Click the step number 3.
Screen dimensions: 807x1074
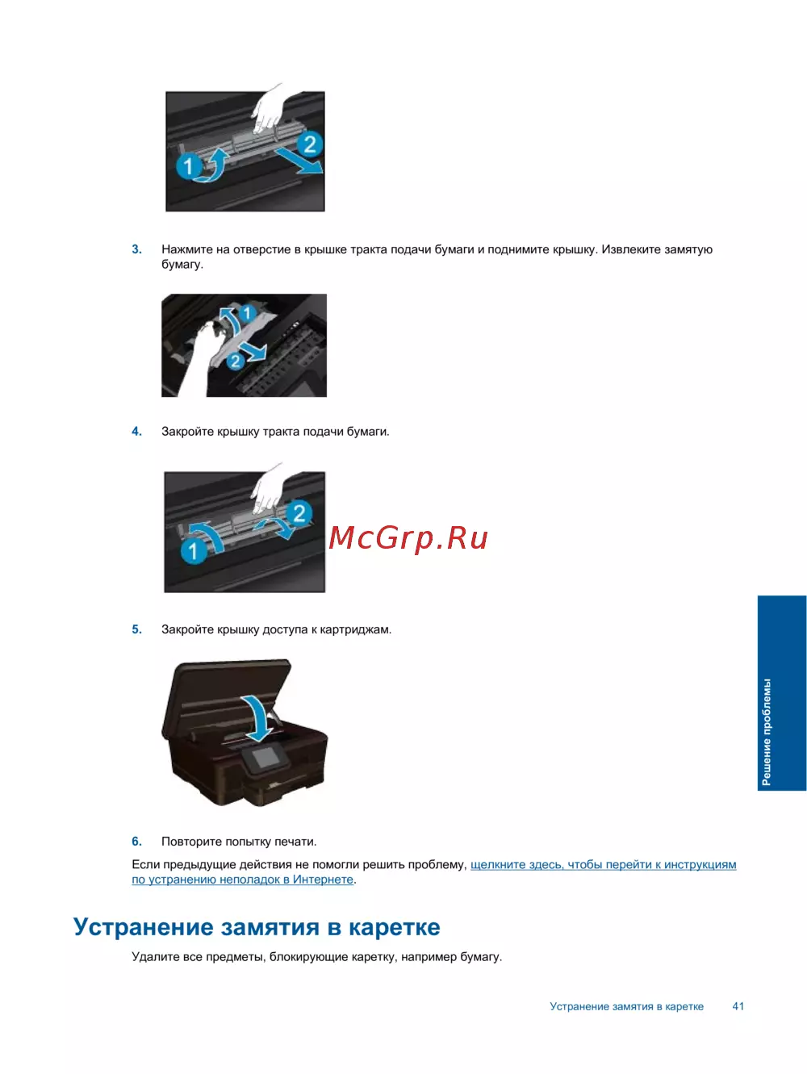coord(136,249)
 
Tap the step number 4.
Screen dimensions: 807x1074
coord(136,432)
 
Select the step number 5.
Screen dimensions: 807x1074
coord(136,629)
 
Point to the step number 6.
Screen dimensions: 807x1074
coord(136,842)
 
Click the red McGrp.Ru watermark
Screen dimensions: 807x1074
coord(408,539)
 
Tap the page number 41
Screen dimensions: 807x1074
coord(738,1006)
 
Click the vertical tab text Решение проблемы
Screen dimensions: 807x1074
coord(767,732)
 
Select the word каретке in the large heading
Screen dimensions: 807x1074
coord(395,927)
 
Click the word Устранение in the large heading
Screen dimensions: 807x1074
coord(144,927)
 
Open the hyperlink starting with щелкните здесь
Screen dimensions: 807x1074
coord(434,872)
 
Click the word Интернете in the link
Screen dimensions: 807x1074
coord(323,880)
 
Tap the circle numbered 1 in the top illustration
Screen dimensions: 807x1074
coord(188,166)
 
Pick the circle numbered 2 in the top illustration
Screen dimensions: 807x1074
coord(310,144)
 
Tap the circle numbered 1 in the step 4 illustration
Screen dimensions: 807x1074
coord(194,551)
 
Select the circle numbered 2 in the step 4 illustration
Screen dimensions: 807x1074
coord(299,513)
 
